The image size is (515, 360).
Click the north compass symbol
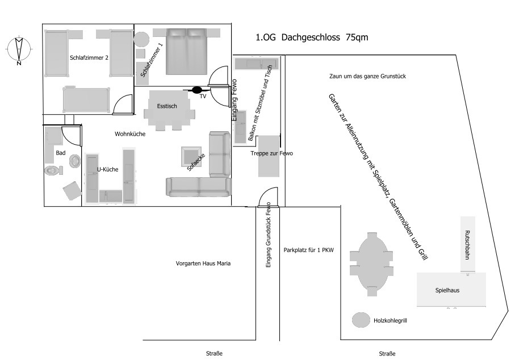pyautogui.click(x=19, y=50)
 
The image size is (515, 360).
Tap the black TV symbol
pyautogui.click(x=197, y=90)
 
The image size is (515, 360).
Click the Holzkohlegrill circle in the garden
pyautogui.click(x=361, y=320)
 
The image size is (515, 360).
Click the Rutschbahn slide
pyautogui.click(x=467, y=245)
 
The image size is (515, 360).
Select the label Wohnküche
pyautogui.click(x=130, y=135)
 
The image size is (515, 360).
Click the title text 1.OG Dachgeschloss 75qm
pyautogui.click(x=312, y=38)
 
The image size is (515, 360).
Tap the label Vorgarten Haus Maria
pyautogui.click(x=203, y=263)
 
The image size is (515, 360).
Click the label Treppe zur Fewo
pyautogui.click(x=272, y=153)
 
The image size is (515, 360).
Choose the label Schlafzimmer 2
pyautogui.click(x=89, y=57)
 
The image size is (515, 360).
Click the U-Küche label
pyautogui.click(x=108, y=169)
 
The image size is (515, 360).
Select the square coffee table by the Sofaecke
pyautogui.click(x=190, y=156)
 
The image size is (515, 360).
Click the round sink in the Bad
pyautogui.click(x=75, y=161)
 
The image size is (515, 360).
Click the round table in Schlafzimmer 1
pyautogui.click(x=141, y=40)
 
